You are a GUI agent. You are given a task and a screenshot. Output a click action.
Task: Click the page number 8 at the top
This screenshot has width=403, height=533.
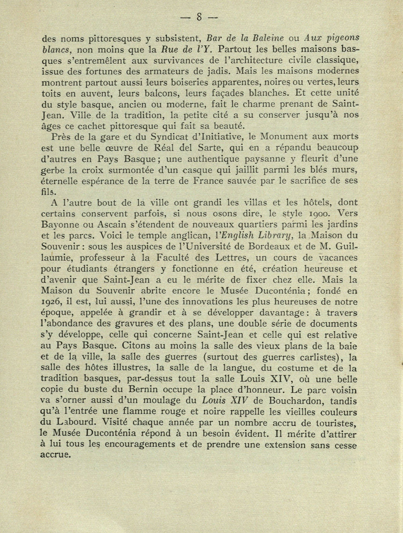tap(199, 17)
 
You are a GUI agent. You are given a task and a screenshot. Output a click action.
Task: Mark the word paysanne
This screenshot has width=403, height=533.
tap(268, 159)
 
